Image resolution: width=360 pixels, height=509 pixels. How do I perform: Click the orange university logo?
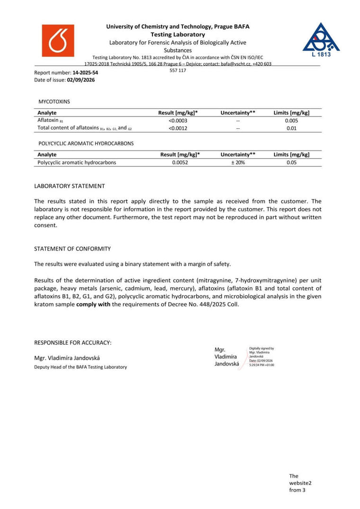(58, 41)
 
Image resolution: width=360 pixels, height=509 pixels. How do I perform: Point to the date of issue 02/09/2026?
(81, 80)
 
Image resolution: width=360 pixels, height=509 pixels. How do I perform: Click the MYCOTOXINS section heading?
(54, 101)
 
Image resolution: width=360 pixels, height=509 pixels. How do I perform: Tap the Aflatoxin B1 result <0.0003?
(178, 120)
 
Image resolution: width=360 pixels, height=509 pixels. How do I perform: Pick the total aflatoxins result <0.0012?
(178, 128)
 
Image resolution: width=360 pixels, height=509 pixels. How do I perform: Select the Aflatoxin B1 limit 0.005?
(292, 120)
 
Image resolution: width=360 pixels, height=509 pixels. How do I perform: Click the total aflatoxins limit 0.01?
(292, 128)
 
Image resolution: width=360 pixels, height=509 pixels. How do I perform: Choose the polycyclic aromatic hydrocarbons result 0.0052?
(180, 162)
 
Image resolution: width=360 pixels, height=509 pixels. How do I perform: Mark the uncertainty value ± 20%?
(238, 162)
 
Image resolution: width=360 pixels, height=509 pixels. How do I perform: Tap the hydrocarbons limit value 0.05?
(292, 162)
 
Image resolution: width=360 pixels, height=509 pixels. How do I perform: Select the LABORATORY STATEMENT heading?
(70, 186)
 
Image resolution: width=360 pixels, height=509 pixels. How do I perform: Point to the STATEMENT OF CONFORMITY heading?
(72, 249)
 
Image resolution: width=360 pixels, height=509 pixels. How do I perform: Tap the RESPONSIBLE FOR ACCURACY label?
(73, 342)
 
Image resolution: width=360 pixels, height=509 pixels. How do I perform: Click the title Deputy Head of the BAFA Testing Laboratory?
(81, 367)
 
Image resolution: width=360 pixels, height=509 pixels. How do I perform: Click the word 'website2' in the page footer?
(300, 483)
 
